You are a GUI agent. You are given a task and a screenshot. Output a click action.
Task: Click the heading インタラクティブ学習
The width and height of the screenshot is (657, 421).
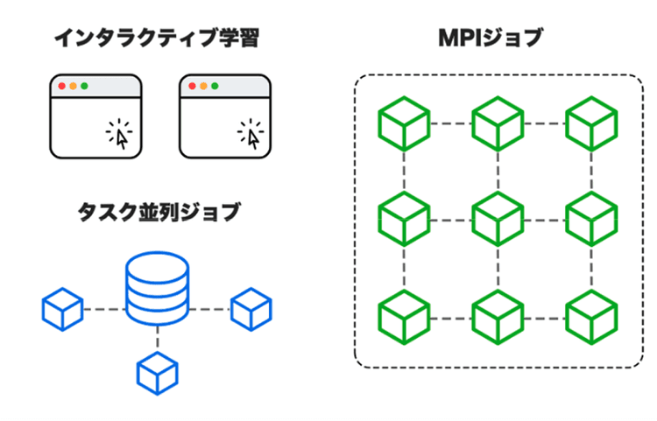pyautogui.click(x=157, y=39)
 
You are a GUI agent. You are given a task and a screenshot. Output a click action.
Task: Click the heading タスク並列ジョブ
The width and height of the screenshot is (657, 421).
pyautogui.click(x=158, y=213)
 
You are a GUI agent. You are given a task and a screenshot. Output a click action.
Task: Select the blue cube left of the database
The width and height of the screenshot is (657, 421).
pyautogui.click(x=62, y=309)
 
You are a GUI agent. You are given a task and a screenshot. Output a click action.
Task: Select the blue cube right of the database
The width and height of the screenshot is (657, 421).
pyautogui.click(x=251, y=309)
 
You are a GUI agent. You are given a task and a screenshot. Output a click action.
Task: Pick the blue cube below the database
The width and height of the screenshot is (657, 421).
pyautogui.click(x=158, y=371)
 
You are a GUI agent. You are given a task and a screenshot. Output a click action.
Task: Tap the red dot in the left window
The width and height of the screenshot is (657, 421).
pyautogui.click(x=61, y=87)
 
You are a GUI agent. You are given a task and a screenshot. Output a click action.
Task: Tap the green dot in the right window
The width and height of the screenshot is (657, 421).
pyautogui.click(x=215, y=87)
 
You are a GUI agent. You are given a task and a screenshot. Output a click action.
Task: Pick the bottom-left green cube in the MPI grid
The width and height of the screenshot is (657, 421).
pyautogui.click(x=404, y=316)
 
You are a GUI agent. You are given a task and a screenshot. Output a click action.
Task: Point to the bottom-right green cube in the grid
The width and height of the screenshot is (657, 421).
pyautogui.click(x=590, y=316)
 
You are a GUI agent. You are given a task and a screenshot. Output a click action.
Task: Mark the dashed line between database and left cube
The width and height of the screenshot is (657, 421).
pyautogui.click(x=102, y=309)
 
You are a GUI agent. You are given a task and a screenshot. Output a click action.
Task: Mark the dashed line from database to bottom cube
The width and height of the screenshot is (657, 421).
pyautogui.click(x=158, y=337)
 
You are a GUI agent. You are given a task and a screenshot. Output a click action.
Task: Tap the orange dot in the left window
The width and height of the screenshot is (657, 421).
pyautogui.click(x=73, y=87)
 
